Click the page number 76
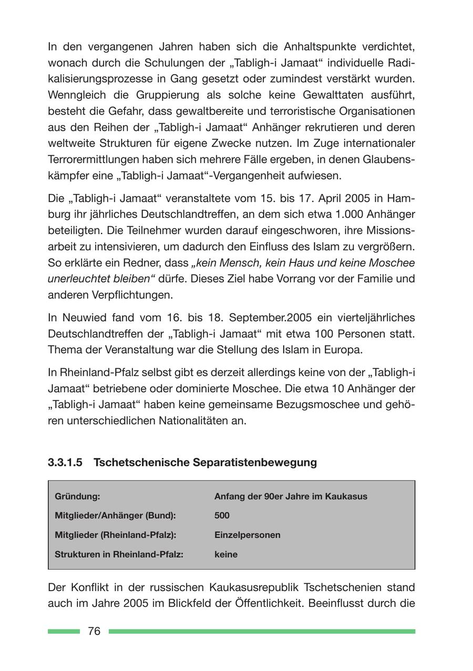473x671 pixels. pos(94,632)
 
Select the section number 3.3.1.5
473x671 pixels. pos(65,462)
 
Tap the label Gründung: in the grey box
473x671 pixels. pos(77,496)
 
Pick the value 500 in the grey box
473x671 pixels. pos(222,516)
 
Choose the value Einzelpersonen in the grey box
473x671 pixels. pos(247,535)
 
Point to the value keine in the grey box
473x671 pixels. pos(225,554)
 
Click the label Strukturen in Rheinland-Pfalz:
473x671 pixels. pos(119,554)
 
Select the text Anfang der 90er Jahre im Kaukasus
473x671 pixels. pos(291,496)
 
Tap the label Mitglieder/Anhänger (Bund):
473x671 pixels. pos(115,516)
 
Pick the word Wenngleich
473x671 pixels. pos(77,95)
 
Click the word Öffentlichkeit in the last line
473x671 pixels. pos(264,603)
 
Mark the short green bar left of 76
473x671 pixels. pos(64,632)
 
